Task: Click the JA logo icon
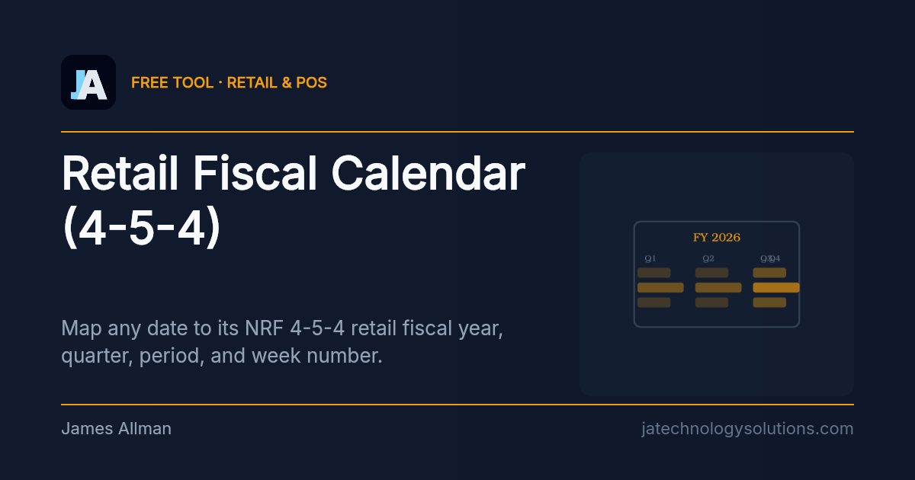(88, 82)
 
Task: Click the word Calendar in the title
(429, 174)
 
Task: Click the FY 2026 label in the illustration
(717, 238)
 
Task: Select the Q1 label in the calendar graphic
(650, 259)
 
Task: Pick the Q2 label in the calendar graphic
(708, 259)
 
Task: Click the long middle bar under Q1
(660, 287)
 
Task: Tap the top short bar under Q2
(711, 273)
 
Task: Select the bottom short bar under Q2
(711, 302)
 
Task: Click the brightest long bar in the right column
(776, 287)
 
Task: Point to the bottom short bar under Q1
(653, 302)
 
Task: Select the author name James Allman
(116, 429)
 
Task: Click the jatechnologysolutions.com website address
(747, 429)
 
